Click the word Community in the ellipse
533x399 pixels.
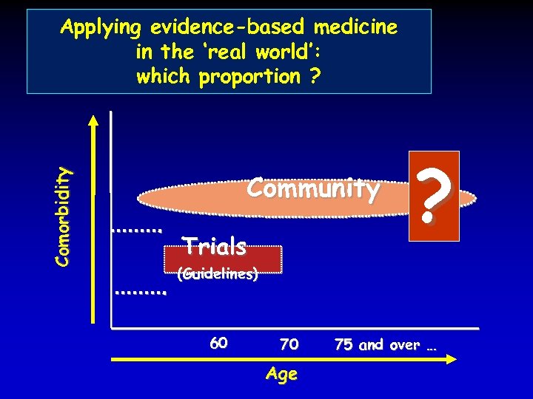pos(313,189)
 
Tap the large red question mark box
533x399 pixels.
pos(434,196)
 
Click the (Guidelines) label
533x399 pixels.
pos(217,274)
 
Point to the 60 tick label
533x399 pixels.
pos(218,343)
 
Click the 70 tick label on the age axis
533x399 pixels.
pos(289,344)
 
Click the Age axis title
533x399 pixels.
pos(282,374)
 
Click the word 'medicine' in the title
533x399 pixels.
pos(355,28)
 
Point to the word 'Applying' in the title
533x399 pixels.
pos(101,29)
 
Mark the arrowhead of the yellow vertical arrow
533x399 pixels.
pos(92,118)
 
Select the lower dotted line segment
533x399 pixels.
pos(141,293)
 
